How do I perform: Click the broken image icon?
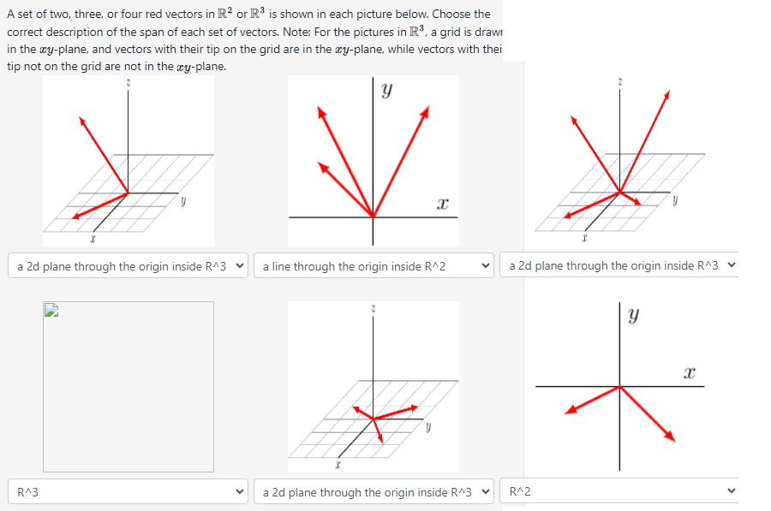pyautogui.click(x=50, y=312)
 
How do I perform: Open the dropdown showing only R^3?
pyautogui.click(x=128, y=492)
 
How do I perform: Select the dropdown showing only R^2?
pyautogui.click(x=622, y=492)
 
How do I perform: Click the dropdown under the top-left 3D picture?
pyautogui.click(x=128, y=266)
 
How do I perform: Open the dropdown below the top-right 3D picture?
pyautogui.click(x=622, y=266)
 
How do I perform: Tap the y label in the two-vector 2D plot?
pyautogui.click(x=633, y=316)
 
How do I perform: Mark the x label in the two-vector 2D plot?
pyautogui.click(x=689, y=371)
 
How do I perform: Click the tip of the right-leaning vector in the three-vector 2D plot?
pyautogui.click(x=427, y=109)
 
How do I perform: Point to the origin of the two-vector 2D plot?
pyautogui.click(x=620, y=386)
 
